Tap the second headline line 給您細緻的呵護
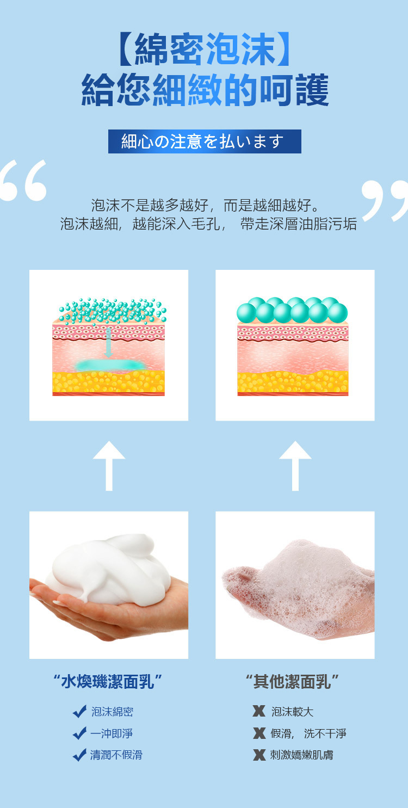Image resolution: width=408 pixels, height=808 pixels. pos(205,90)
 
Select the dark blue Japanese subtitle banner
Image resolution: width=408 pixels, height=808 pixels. pos(205,141)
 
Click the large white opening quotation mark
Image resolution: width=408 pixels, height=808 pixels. pos(24,180)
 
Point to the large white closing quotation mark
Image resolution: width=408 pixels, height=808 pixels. pos(385,200)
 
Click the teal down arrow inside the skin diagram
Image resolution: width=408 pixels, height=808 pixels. pos(108,343)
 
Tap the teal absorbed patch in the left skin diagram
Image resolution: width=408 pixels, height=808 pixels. pos(110,365)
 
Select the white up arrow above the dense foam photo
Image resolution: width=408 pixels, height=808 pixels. pos(109,466)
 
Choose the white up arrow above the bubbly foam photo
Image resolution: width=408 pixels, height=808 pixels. pos(295,466)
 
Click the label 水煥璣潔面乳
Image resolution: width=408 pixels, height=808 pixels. pos(108,681)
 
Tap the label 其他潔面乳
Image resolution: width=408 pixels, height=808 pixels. pos(292,681)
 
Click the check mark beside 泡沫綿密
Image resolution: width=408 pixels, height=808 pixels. pos(79,711)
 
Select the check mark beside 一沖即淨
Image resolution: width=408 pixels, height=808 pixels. pos(79,733)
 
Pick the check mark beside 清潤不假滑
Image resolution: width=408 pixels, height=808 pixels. pos(79,754)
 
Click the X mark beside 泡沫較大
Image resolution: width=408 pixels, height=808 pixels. pos(259,711)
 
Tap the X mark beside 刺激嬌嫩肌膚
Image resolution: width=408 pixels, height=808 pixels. pos(259,754)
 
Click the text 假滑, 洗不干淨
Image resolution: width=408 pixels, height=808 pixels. pos(308,733)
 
